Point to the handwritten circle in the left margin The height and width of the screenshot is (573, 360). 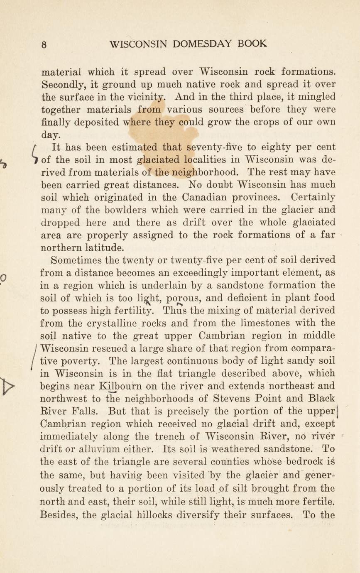coord(4,277)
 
